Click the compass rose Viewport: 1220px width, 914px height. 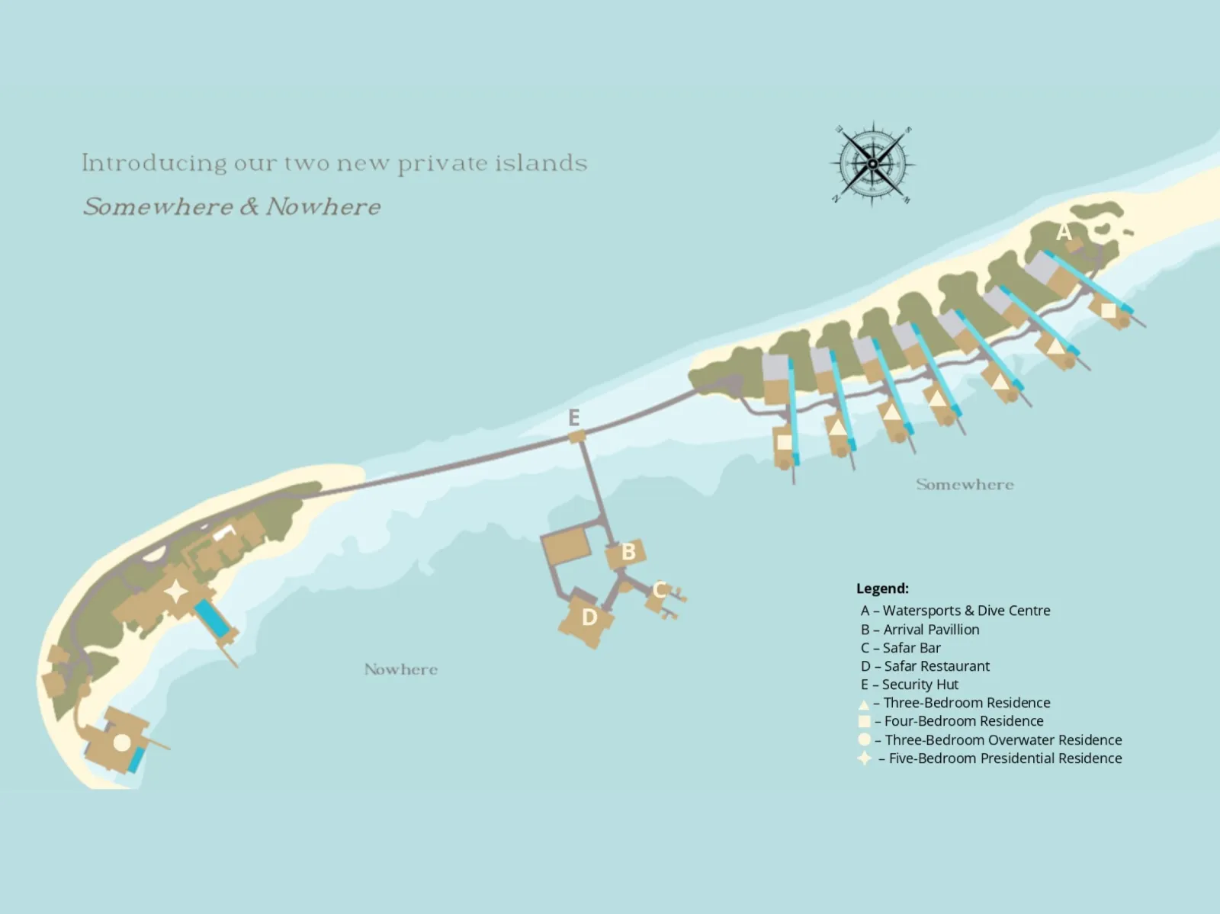(x=872, y=163)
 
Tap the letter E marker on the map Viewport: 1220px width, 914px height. (x=574, y=417)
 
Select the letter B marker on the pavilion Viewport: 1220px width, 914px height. (x=628, y=552)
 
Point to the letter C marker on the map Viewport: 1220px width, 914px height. (x=660, y=589)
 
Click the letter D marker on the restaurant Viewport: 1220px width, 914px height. (x=589, y=617)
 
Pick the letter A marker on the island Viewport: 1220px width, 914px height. (x=1064, y=231)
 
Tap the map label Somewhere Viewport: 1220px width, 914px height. (x=965, y=485)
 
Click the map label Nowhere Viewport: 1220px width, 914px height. (x=401, y=669)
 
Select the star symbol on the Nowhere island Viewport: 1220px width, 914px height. (x=176, y=592)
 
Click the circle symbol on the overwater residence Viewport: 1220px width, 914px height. (x=122, y=742)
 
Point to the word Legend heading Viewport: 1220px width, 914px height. (x=882, y=588)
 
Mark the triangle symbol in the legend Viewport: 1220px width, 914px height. (x=864, y=704)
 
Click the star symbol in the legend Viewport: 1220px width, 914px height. (x=864, y=758)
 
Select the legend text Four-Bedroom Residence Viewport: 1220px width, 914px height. (x=964, y=721)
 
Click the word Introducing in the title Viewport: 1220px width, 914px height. (x=155, y=163)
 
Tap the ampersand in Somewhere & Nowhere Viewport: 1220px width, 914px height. (x=249, y=206)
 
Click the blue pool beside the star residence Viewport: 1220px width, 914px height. (x=212, y=618)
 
